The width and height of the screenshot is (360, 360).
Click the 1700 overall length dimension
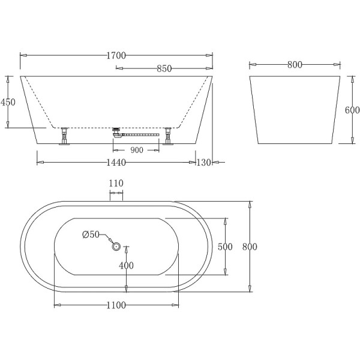click(x=116, y=55)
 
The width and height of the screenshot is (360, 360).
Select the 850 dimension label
click(x=164, y=69)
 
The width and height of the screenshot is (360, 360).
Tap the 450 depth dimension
click(x=8, y=102)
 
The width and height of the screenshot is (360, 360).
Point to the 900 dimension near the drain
click(x=136, y=151)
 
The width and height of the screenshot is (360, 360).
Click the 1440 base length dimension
click(x=116, y=162)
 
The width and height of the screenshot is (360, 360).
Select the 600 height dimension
click(x=352, y=110)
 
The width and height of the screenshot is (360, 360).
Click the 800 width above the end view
click(x=294, y=65)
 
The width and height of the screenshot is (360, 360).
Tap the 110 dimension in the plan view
click(x=116, y=183)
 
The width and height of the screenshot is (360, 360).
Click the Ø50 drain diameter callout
click(x=91, y=234)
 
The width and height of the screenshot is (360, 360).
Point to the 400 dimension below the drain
click(x=125, y=265)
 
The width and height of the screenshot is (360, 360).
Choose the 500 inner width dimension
click(x=226, y=247)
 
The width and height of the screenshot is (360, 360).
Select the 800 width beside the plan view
click(x=250, y=247)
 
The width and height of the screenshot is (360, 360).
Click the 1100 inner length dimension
click(x=116, y=305)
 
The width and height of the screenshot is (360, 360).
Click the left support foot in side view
click(x=64, y=137)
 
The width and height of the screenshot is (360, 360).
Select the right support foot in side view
click(x=169, y=137)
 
